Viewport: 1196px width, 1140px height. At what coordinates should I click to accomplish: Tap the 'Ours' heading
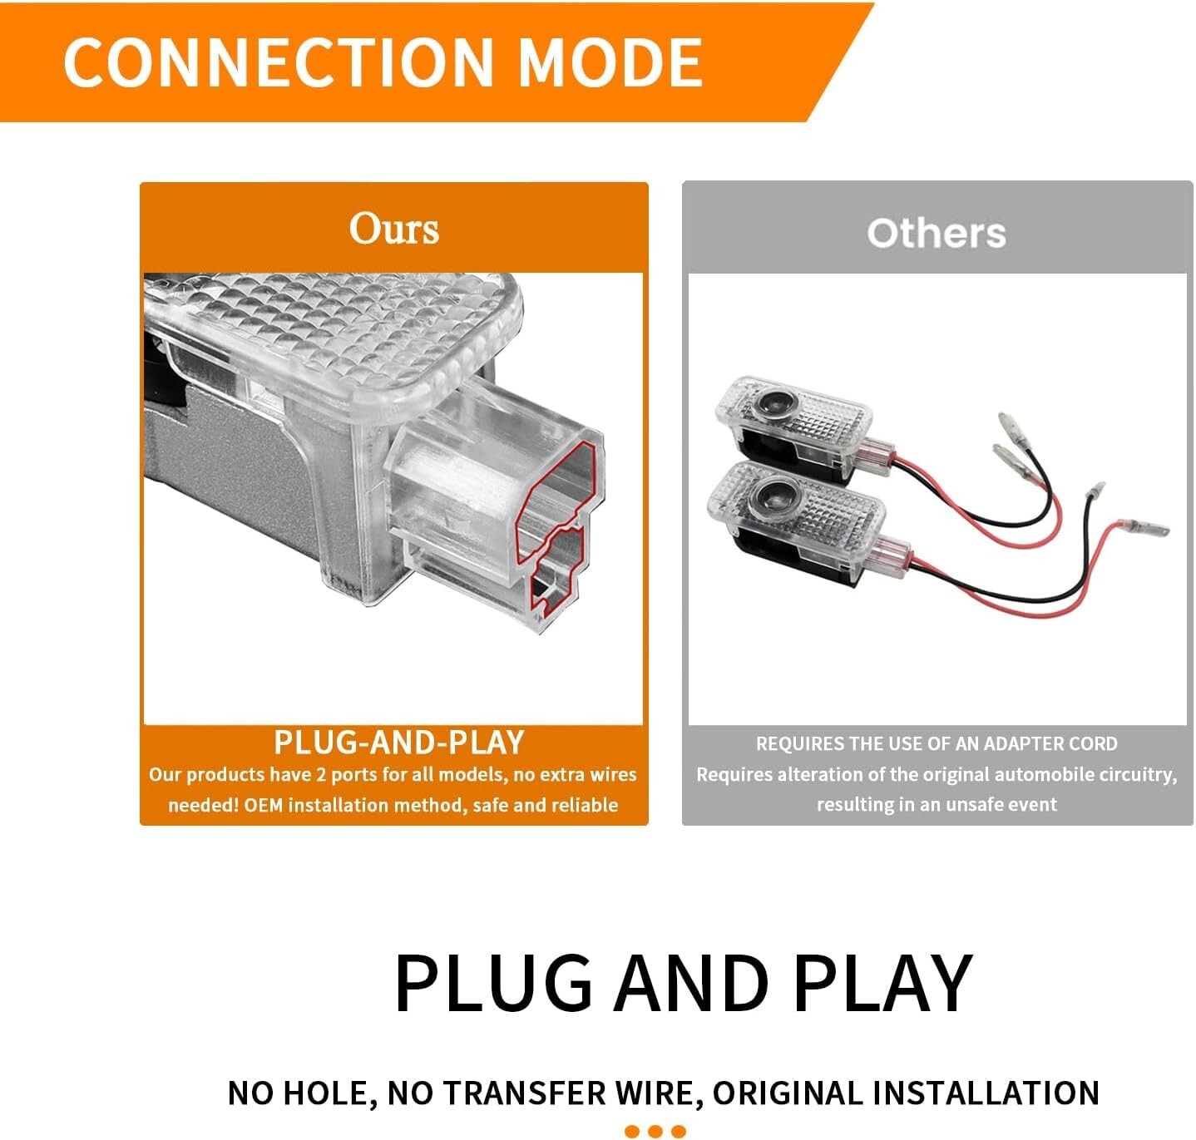click(393, 229)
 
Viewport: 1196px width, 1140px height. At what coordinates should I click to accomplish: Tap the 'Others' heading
click(936, 233)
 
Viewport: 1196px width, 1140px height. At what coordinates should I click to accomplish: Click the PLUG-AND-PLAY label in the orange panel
click(399, 742)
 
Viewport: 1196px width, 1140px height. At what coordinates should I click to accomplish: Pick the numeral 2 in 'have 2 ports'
click(320, 774)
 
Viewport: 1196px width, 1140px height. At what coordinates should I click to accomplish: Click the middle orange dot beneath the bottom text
click(655, 1131)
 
